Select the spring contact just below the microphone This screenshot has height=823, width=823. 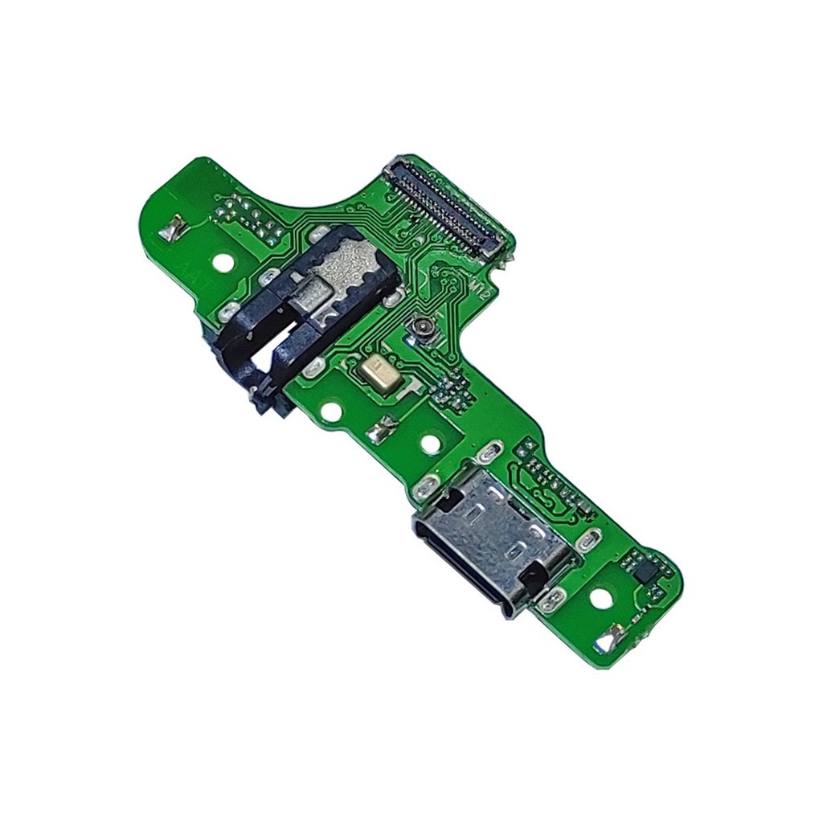pos(377,433)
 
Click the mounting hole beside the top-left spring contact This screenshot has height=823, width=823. pos(223,262)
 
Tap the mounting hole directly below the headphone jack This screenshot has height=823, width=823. pos(329,412)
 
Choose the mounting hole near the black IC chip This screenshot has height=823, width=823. pos(599,598)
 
